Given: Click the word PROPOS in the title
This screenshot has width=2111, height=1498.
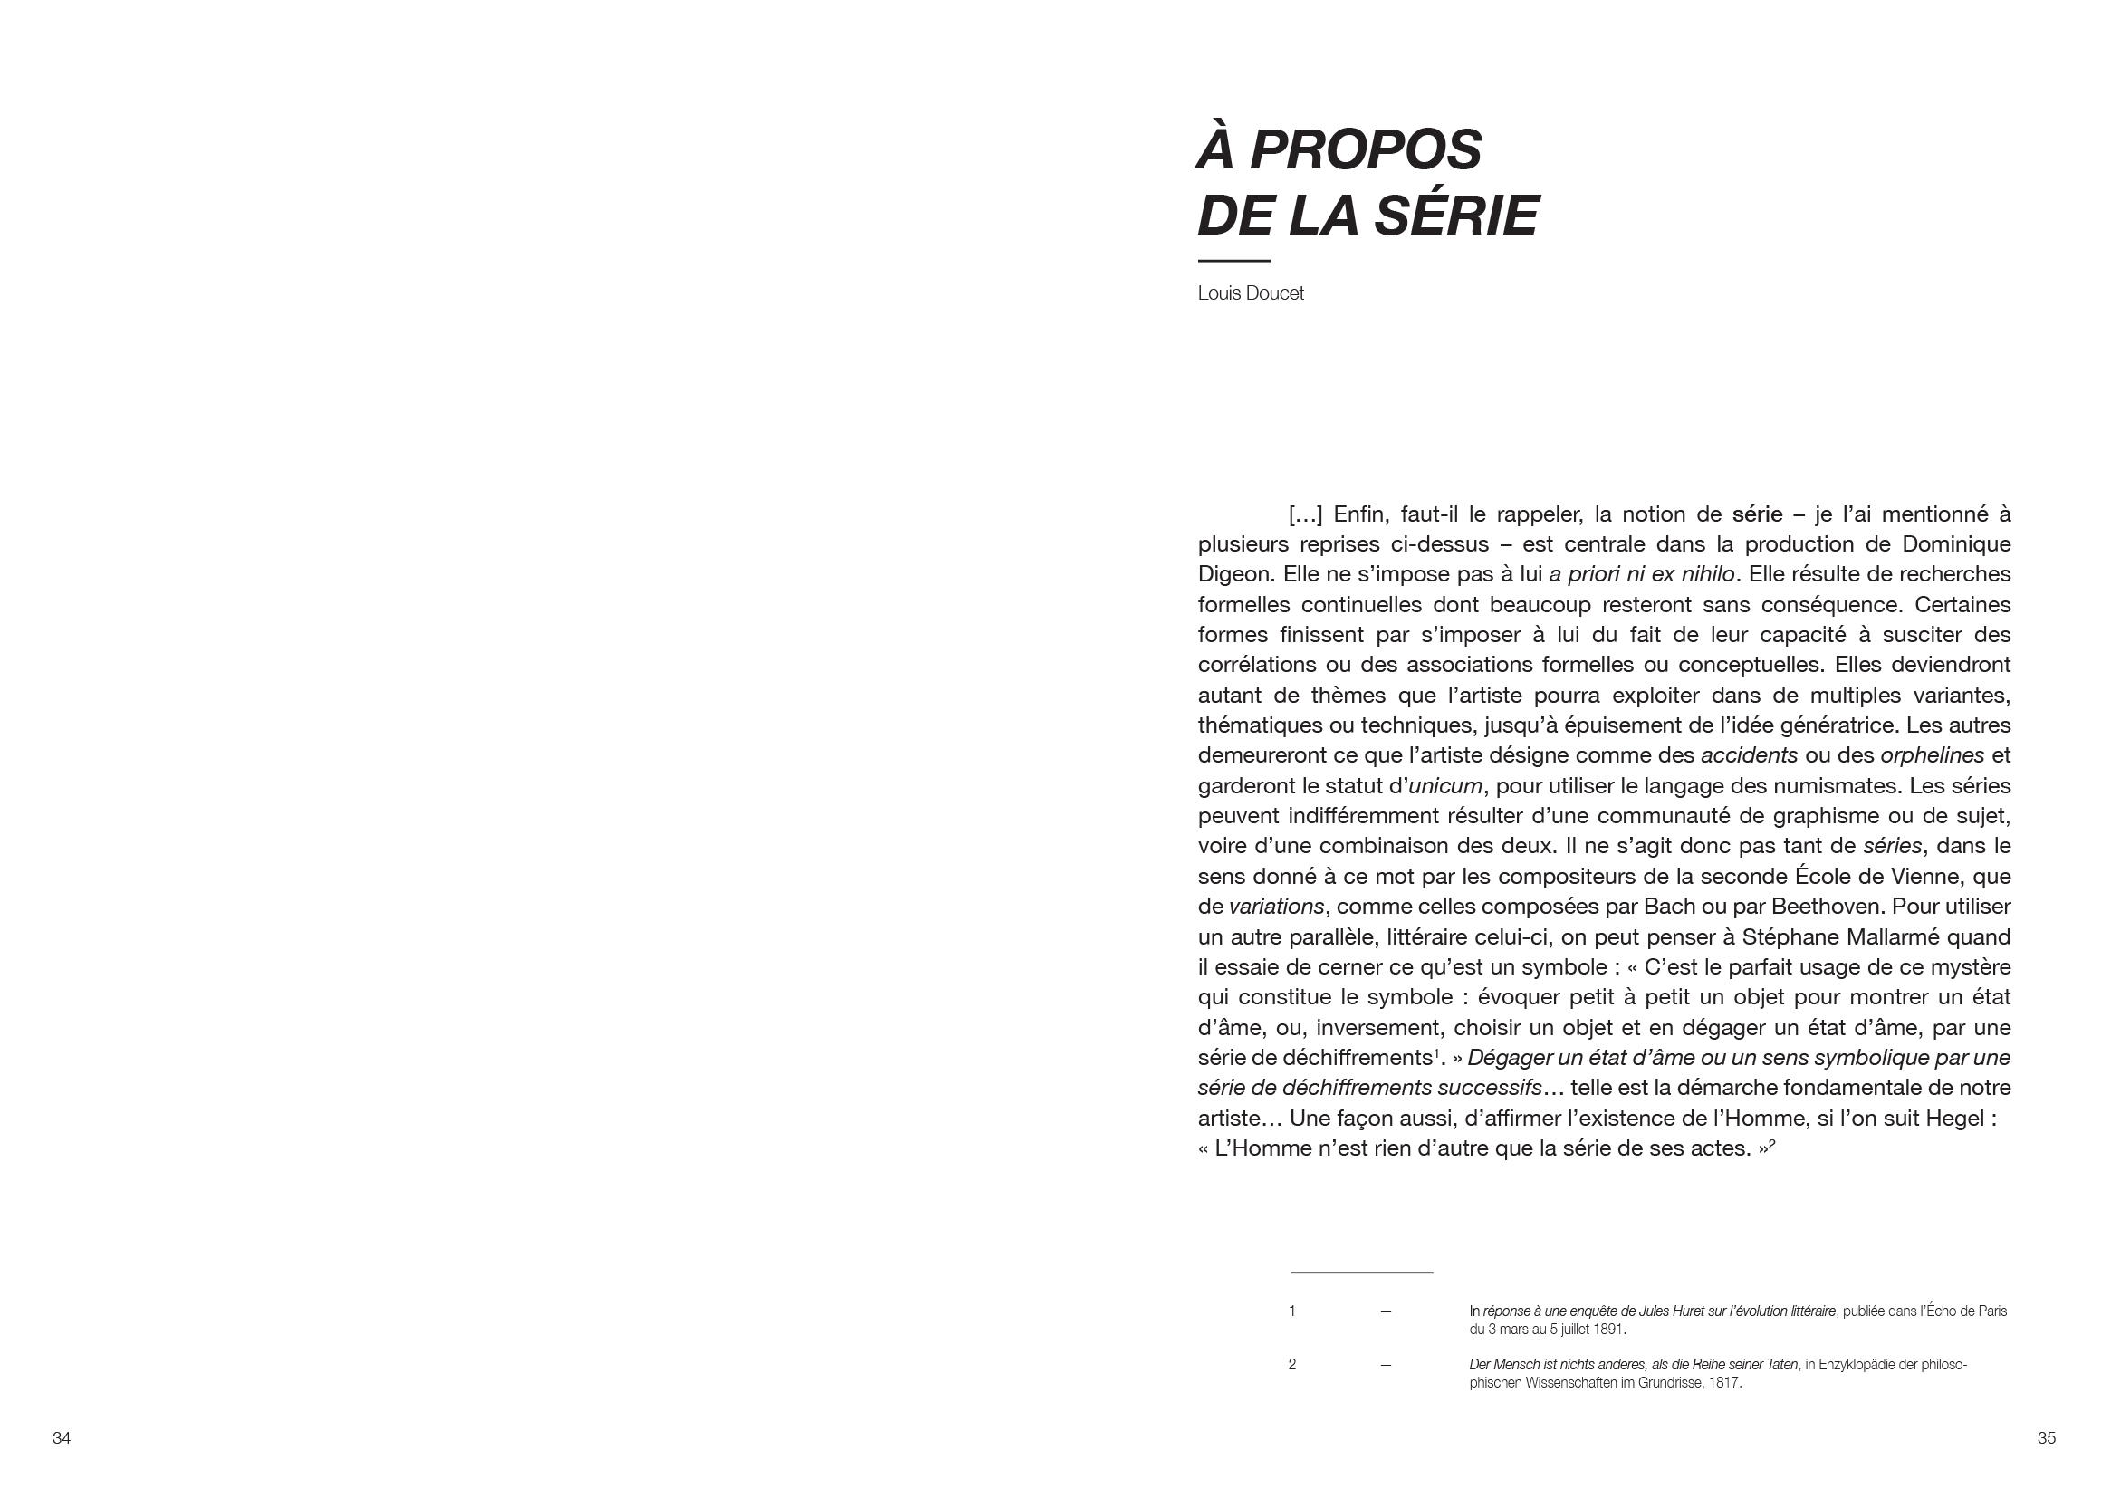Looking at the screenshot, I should click(x=1365, y=149).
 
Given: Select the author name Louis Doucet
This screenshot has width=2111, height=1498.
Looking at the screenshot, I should click(x=1250, y=293).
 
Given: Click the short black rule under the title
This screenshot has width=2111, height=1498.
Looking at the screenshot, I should click(x=1233, y=261).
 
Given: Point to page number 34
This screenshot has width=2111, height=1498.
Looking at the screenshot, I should click(x=61, y=1438).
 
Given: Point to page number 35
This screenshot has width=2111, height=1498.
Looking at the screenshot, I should click(x=2047, y=1438).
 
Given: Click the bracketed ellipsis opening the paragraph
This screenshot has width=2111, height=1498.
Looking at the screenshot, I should click(x=1305, y=514).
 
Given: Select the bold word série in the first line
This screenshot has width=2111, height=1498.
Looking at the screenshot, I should click(x=1757, y=514).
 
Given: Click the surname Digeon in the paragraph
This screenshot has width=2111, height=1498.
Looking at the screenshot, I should click(x=1234, y=573).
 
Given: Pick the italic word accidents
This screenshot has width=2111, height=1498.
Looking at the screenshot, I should click(x=1749, y=755).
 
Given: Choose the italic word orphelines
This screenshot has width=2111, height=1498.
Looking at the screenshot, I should click(x=1932, y=755).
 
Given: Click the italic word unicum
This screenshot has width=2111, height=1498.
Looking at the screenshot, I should click(x=1445, y=786).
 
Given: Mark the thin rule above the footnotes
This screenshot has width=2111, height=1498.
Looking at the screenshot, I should click(x=1361, y=1272).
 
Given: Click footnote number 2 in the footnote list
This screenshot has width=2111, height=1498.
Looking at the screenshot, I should click(x=1292, y=1364).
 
